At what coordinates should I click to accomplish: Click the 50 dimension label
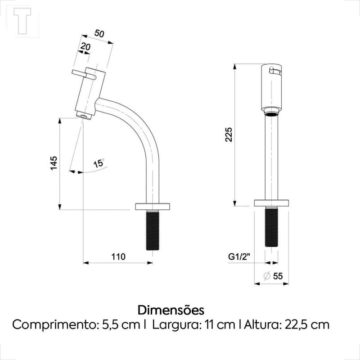point(99,33)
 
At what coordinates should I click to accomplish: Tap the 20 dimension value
point(85,47)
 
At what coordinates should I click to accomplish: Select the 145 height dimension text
point(54,163)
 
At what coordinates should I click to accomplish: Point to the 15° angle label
point(99,163)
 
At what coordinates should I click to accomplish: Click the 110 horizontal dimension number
point(118,256)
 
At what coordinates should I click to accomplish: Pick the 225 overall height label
point(229,134)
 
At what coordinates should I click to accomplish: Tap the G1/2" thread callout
point(239,256)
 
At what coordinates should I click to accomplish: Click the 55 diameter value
point(278,276)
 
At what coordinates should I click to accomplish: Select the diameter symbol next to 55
point(267,276)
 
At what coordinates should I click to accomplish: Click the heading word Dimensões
point(171,310)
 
